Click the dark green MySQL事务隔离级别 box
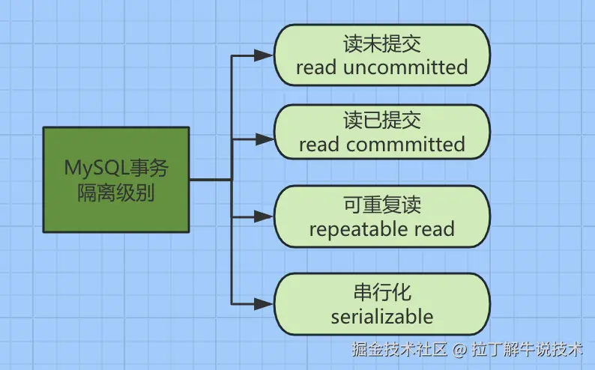click(116, 180)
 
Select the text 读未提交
click(382, 43)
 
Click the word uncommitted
click(405, 67)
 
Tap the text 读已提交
click(382, 120)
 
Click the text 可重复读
click(382, 204)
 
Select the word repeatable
click(357, 230)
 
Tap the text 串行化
click(382, 292)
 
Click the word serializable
click(382, 317)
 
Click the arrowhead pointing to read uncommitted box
click(263, 55)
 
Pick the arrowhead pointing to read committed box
click(263, 139)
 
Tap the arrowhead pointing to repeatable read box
click(263, 217)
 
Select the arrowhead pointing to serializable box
click(263, 303)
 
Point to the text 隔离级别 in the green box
click(116, 192)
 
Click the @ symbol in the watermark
click(459, 349)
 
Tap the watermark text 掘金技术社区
click(399, 349)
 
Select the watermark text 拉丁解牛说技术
click(527, 349)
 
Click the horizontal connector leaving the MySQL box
click(211, 179)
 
